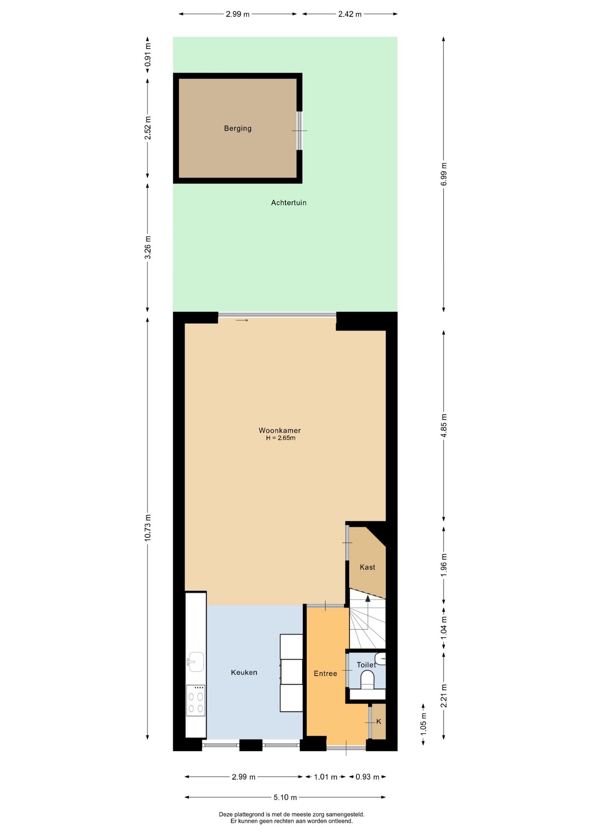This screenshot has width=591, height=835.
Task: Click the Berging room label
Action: pos(238,128)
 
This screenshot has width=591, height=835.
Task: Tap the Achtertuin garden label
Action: pos(289,203)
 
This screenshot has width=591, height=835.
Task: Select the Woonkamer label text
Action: pos(279,430)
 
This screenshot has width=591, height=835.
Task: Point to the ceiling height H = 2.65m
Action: pos(281,438)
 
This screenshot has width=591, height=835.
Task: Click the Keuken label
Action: pos(244,672)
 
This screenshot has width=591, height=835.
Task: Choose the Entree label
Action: pos(325,673)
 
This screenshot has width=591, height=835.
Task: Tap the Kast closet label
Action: pos(367,567)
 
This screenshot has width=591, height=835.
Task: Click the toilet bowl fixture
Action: pos(368,680)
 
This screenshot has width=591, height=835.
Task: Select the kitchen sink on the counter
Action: pos(195,662)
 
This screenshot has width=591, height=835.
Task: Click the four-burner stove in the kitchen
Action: pos(195,701)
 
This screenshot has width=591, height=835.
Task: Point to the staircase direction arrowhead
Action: pos(368,599)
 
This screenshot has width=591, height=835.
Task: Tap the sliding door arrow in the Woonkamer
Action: pos(242,321)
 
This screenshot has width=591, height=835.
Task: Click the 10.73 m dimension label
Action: pos(148,528)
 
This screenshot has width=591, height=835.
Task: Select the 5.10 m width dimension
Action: pos(285,797)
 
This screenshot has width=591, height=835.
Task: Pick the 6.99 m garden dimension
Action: pos(444,174)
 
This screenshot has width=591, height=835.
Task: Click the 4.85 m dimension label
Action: pos(444,426)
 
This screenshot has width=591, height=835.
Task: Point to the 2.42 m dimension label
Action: pos(350,14)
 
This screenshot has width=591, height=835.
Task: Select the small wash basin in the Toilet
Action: pos(381,658)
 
